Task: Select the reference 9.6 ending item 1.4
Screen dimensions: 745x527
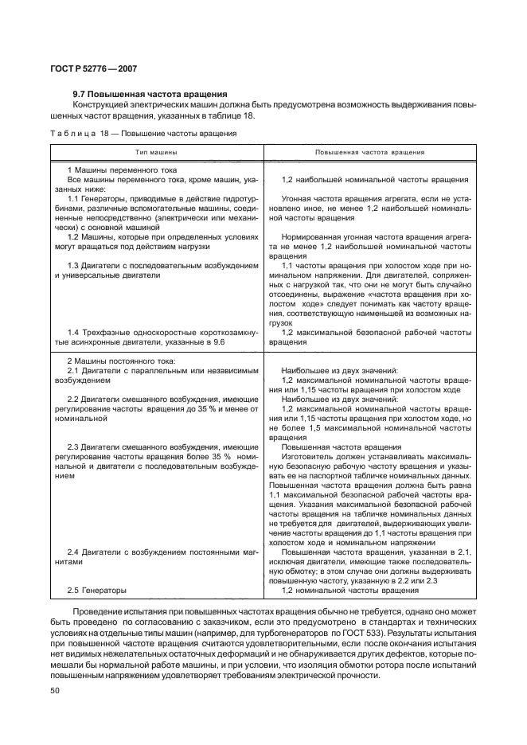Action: tap(219, 341)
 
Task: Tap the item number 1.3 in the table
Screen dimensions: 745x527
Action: tap(74, 265)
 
